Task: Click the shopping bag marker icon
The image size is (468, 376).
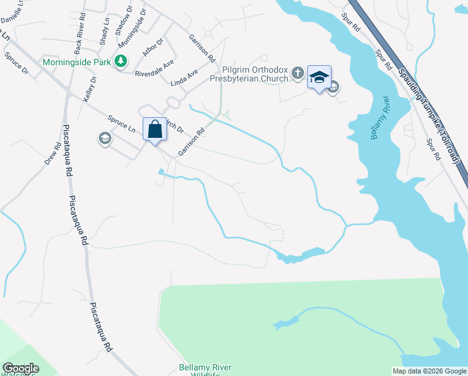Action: click(x=155, y=129)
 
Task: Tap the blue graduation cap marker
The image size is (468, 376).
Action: click(x=319, y=77)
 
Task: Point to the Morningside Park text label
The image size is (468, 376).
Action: click(x=76, y=62)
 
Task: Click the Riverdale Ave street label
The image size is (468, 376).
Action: click(x=155, y=69)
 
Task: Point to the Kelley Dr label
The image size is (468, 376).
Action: click(x=89, y=89)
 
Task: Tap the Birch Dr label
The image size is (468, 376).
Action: click(x=171, y=124)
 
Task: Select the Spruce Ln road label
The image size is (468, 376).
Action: click(x=121, y=123)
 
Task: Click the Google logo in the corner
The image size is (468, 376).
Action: click(x=21, y=368)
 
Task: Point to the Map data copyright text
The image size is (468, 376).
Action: click(x=429, y=371)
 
